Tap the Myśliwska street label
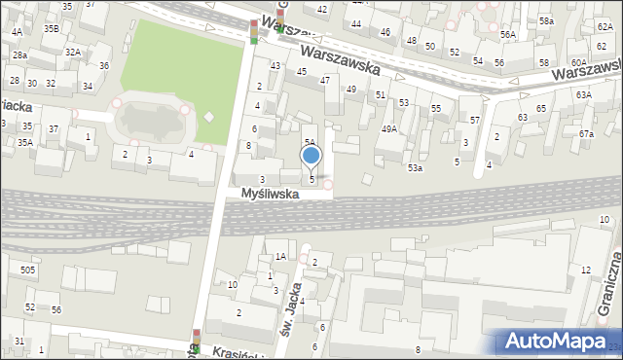(271, 195)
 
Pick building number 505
(28, 270)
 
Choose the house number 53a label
(416, 168)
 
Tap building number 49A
(389, 128)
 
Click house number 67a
(586, 133)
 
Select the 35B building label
(51, 29)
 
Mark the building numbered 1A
(279, 257)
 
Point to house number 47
(325, 80)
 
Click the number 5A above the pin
(309, 142)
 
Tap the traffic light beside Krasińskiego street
(196, 340)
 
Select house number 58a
(547, 20)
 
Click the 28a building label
(18, 55)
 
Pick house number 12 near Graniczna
(586, 270)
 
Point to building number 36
(103, 66)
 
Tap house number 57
(475, 120)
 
